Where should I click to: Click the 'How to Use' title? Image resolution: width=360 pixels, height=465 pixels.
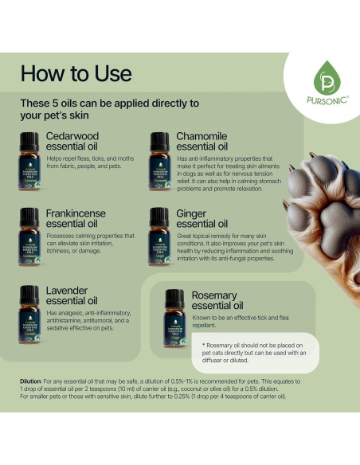[76, 73]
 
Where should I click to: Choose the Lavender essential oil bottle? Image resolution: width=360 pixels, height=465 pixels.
[30, 311]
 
